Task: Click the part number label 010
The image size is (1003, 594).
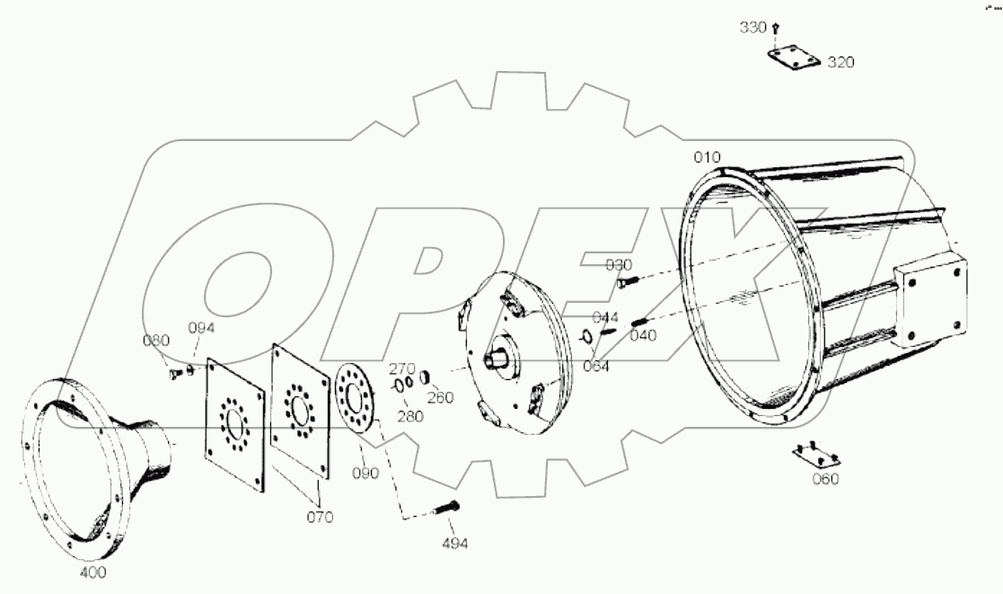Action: (707, 157)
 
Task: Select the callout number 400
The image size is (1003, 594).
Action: (92, 572)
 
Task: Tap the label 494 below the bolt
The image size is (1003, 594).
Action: (453, 543)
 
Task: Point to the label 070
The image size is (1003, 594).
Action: (320, 517)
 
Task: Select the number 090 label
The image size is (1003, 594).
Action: (365, 473)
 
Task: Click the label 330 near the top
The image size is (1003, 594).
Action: (752, 28)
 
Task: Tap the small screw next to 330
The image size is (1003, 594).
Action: (776, 30)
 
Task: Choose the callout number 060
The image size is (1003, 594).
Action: (824, 479)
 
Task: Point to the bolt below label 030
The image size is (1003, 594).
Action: (628, 282)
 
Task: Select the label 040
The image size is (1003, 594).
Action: (643, 335)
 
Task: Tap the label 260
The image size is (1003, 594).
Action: (440, 397)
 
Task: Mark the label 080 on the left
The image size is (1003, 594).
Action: (154, 341)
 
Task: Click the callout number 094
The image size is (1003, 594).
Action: (201, 328)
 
